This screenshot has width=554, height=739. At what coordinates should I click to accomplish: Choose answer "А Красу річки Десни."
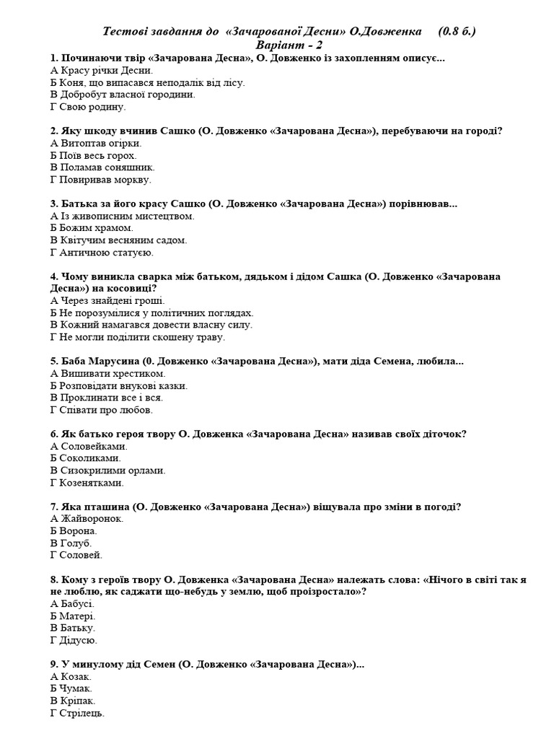tap(101, 71)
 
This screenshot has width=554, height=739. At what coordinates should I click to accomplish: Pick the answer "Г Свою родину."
tap(88, 107)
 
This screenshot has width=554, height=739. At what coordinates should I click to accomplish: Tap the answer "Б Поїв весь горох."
tap(93, 155)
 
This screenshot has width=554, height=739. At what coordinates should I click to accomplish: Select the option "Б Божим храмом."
tap(92, 228)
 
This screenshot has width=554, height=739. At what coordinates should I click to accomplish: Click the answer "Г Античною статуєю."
tap(102, 253)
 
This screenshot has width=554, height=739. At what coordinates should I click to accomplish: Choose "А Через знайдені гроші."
tap(107, 301)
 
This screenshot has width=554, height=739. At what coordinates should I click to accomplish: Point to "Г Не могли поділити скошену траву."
tap(137, 337)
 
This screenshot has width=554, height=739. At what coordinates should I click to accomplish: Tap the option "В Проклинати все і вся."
tap(107, 398)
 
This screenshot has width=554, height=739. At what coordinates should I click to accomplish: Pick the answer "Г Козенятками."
tap(87, 483)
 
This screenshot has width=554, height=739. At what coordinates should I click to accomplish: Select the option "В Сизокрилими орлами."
tap(108, 471)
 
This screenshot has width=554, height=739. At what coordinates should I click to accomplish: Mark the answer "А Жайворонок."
tap(87, 519)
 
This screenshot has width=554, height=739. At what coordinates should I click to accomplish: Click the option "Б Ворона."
tap(74, 531)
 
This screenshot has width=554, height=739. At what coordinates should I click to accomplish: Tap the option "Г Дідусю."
tap(74, 640)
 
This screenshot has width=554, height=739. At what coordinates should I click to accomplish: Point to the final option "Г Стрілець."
tap(77, 713)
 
